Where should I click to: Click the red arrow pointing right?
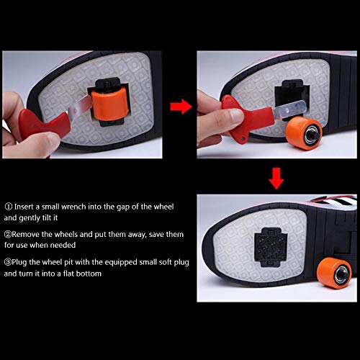tap(181, 107)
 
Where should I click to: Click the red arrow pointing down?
tap(276, 179)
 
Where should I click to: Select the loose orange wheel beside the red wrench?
tap(304, 133)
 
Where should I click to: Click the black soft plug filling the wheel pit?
tap(271, 247)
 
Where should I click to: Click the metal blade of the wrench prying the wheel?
tap(80, 106)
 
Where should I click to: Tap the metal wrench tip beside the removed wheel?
tap(289, 110)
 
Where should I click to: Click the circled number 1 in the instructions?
tap(9, 207)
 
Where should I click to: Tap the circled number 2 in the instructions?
tap(8, 234)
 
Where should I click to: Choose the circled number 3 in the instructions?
tap(8, 262)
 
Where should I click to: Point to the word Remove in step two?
tap(26, 234)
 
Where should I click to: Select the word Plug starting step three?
tap(19, 263)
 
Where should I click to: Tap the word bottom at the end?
tap(89, 274)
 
